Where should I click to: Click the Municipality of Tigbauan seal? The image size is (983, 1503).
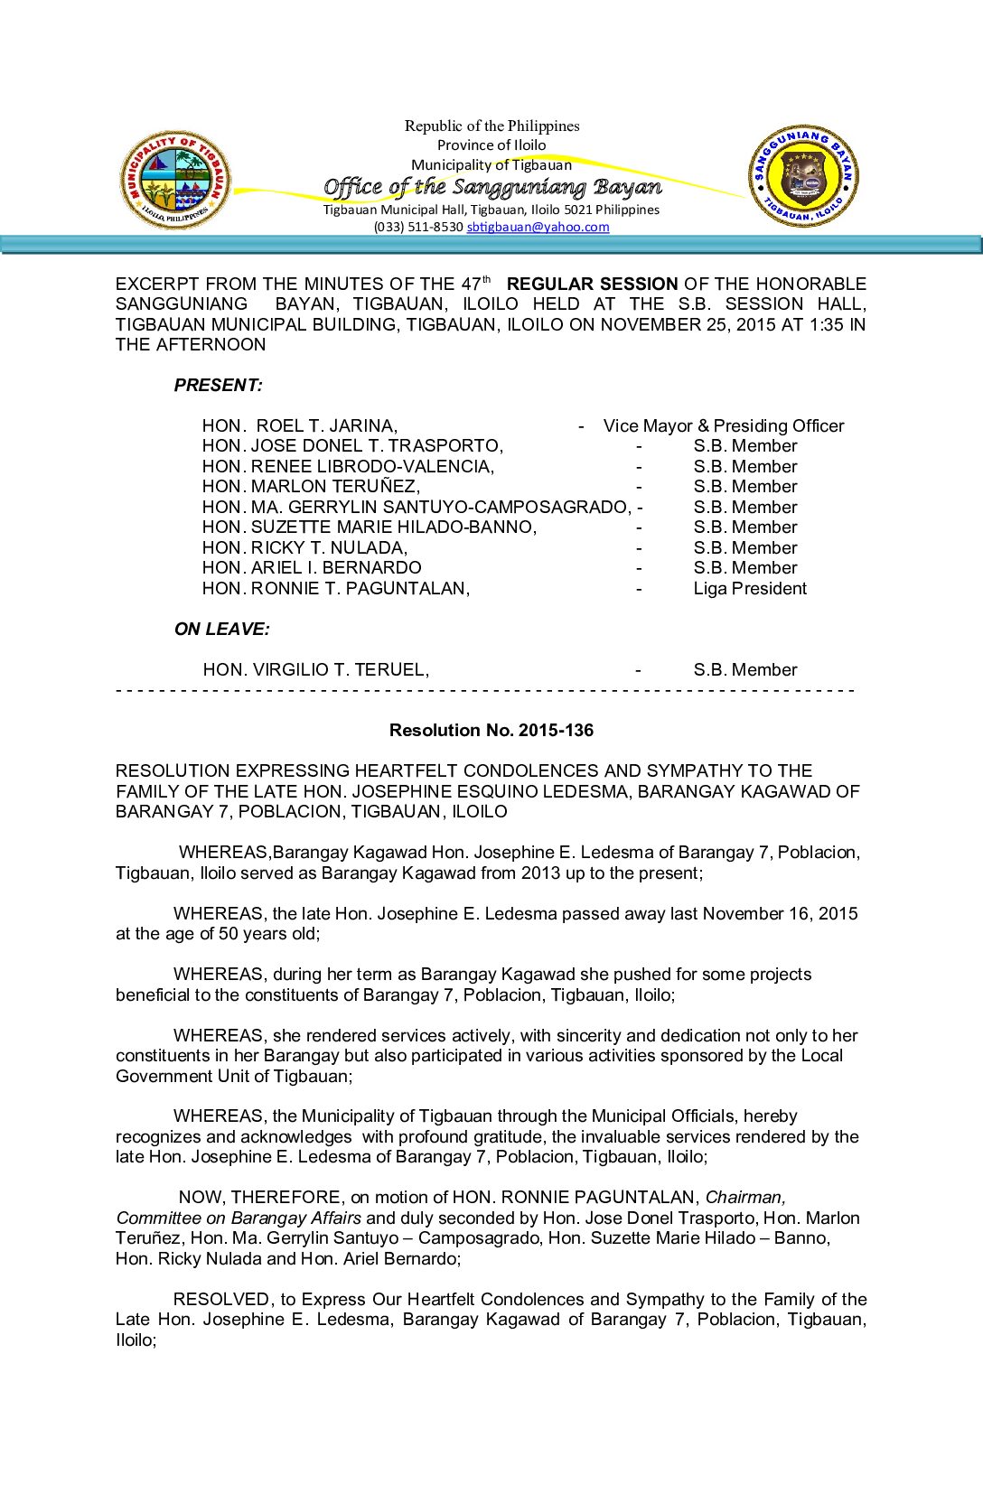tap(175, 179)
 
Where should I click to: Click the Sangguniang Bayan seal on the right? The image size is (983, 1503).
tap(803, 176)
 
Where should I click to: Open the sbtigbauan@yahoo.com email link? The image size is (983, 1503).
tap(538, 227)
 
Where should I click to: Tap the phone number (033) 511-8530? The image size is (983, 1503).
tap(418, 227)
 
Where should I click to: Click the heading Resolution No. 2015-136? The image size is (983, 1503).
tap(491, 730)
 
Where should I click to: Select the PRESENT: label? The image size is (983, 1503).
tap(219, 385)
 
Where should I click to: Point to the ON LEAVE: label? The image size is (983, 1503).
tap(222, 629)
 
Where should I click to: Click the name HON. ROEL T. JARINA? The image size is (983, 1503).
tap(300, 425)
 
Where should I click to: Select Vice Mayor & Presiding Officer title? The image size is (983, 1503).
tap(724, 425)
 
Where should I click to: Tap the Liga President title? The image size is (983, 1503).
tap(750, 588)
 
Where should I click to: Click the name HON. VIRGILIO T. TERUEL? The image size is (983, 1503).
tap(316, 669)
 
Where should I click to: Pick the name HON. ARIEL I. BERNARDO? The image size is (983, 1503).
tap(312, 567)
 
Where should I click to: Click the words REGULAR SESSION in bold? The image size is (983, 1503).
tap(592, 284)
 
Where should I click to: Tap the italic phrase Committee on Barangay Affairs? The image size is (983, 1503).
tap(239, 1218)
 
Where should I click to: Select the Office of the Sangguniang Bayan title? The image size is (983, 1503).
tap(492, 187)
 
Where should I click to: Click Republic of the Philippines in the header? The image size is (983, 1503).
tap(491, 126)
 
